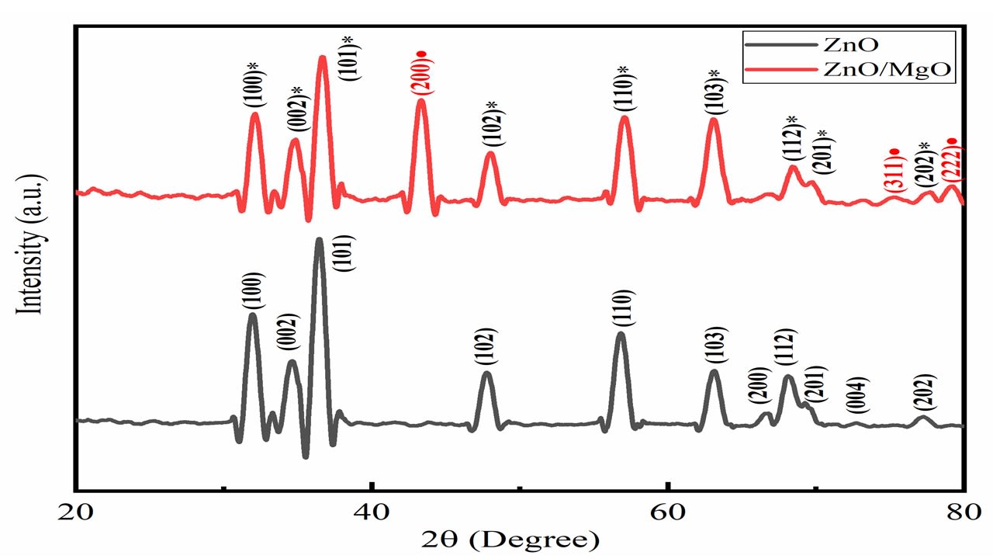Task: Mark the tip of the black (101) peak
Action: click(x=319, y=240)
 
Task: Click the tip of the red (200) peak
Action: click(x=421, y=101)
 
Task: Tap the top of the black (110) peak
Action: click(x=620, y=335)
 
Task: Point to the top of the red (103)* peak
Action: click(x=714, y=120)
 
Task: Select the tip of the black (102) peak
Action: click(x=486, y=374)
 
